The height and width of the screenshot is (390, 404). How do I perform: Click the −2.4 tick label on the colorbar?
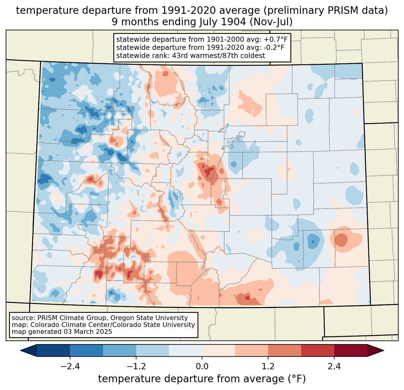70,366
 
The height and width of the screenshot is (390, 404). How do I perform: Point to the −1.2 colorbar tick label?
136,366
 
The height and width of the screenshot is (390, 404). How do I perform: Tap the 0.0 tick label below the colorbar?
202,366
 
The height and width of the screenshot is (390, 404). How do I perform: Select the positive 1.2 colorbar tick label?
268,366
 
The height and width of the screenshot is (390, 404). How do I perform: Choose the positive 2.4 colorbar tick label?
334,366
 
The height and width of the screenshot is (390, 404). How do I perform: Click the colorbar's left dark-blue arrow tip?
20,351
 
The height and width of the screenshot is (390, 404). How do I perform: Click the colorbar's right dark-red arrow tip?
384,351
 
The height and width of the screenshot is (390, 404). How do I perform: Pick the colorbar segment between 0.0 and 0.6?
219,351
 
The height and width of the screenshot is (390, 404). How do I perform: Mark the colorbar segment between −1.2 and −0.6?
153,351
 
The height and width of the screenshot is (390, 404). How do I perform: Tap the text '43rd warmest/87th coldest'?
219,56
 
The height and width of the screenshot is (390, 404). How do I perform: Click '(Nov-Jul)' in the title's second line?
271,22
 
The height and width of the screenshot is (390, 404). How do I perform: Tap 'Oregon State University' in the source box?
149,318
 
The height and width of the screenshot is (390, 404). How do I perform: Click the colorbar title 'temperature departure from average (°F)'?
202,379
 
